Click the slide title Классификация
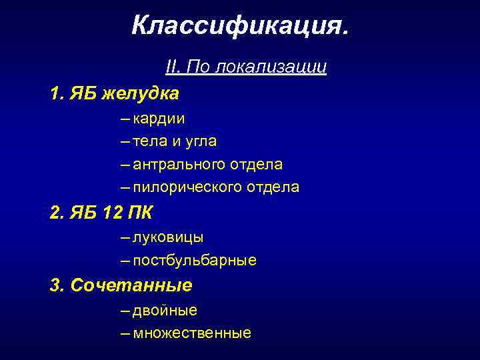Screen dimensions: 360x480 pyautogui.click(x=239, y=26)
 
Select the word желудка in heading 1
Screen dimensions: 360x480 pyautogui.click(x=145, y=94)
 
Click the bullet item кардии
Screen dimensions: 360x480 pyautogui.click(x=159, y=119)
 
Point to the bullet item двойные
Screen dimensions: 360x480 pyautogui.click(x=165, y=311)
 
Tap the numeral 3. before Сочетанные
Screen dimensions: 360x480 pyautogui.click(x=55, y=286)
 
